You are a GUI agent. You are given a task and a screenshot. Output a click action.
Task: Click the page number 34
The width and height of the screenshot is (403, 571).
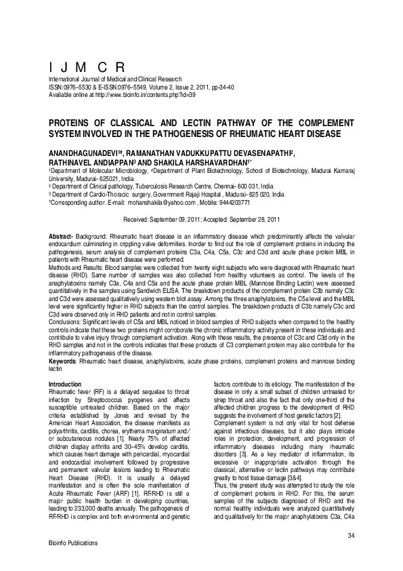click(x=351, y=536)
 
